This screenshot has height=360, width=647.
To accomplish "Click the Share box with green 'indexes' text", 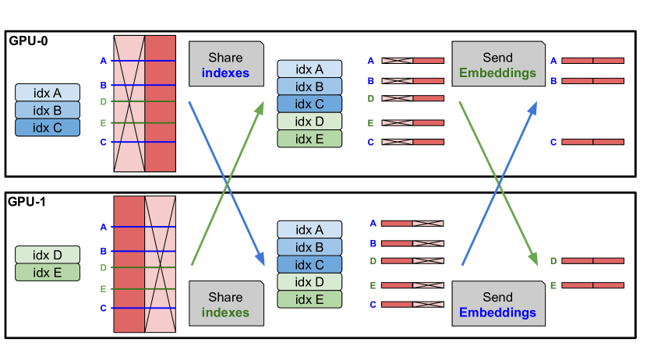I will [x=225, y=304].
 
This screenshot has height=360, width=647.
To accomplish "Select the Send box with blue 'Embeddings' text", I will [x=497, y=304].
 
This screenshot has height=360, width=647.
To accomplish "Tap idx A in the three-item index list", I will [x=48, y=93].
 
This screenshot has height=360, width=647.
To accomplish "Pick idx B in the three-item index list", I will [x=48, y=110].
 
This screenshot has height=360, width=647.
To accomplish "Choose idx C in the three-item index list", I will [x=48, y=127].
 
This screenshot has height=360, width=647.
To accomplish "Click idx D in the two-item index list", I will [x=48, y=255].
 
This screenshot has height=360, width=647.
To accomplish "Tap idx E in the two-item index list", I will [x=48, y=272].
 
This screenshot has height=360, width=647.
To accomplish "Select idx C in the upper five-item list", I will [x=309, y=104].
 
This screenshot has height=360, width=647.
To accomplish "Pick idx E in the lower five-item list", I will [x=309, y=299].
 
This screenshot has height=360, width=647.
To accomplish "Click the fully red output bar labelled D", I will [x=592, y=261].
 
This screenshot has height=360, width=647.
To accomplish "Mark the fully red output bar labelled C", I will [x=592, y=142].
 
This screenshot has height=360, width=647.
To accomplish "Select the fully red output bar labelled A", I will [x=592, y=60].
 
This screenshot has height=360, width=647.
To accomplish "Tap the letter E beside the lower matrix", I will [x=103, y=288].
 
